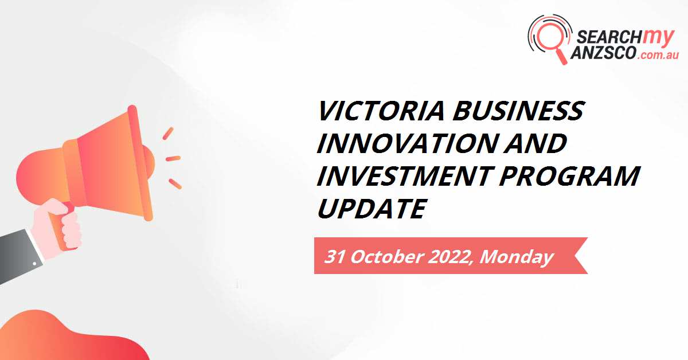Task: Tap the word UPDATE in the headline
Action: point(371,209)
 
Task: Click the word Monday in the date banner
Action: point(516,256)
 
